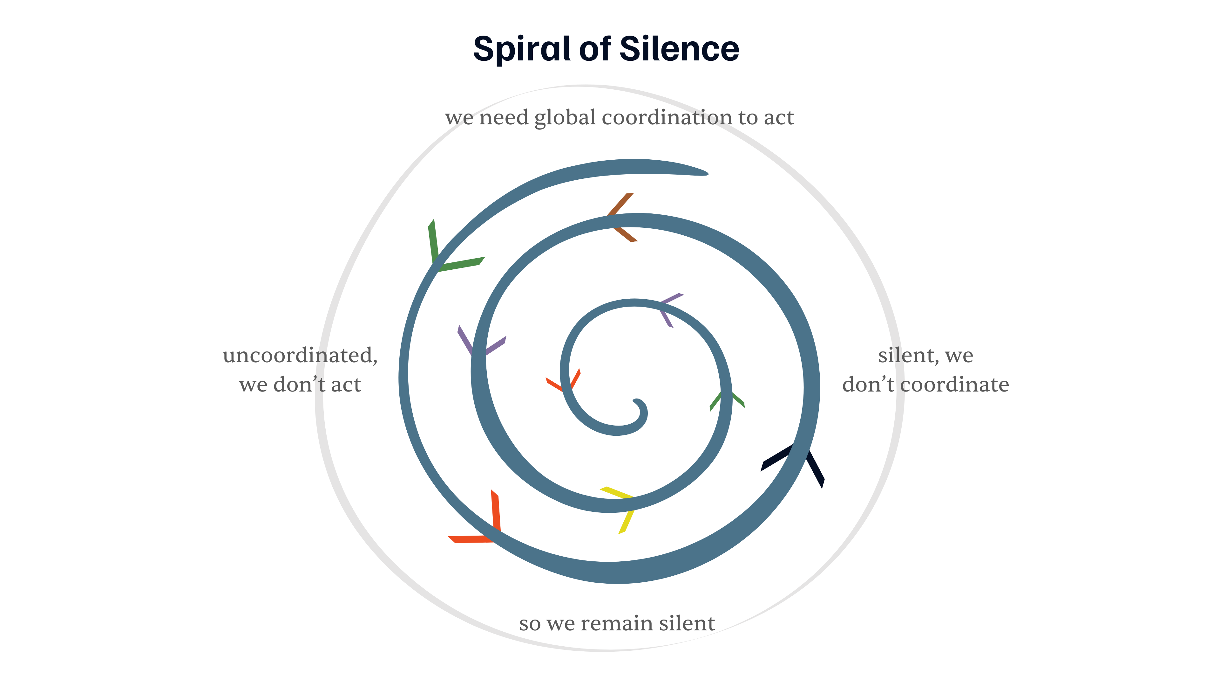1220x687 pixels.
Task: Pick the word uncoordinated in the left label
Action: point(300,356)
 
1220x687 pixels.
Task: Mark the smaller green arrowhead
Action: point(725,398)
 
